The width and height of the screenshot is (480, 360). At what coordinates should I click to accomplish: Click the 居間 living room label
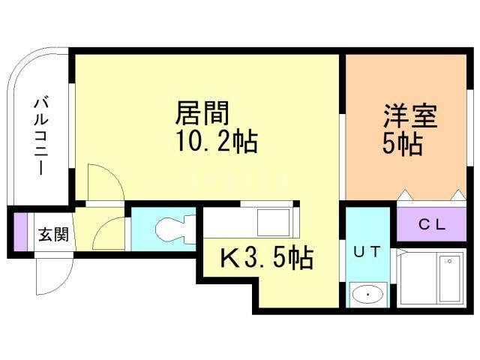(x=202, y=113)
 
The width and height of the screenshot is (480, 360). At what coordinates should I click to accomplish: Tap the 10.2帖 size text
(x=217, y=142)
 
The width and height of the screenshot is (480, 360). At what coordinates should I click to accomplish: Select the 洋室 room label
(x=411, y=116)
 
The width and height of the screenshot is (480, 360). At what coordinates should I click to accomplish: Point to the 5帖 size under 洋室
(x=403, y=145)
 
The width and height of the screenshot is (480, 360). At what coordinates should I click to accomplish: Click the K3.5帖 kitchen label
(x=267, y=258)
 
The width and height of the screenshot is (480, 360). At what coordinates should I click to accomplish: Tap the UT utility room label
(x=367, y=252)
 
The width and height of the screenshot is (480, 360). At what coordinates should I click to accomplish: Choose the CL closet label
(x=432, y=225)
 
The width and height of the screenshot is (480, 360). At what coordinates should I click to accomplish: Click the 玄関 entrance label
(x=53, y=235)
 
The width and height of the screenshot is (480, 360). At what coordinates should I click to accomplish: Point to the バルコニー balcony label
(x=41, y=136)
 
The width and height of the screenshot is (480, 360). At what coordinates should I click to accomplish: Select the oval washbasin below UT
(x=367, y=295)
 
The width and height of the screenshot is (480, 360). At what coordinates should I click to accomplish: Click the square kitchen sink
(x=273, y=223)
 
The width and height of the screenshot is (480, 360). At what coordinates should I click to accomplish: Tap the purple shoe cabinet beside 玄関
(x=21, y=232)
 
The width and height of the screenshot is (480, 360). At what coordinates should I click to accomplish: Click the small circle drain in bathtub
(x=450, y=261)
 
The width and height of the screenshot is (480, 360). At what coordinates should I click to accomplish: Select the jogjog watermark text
(x=239, y=181)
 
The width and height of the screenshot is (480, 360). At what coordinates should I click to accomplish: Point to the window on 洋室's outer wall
(x=470, y=128)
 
